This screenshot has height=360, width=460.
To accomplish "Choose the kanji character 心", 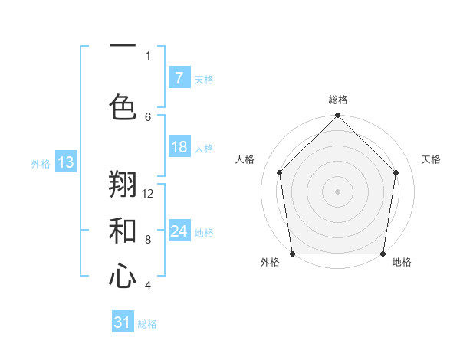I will (123, 277).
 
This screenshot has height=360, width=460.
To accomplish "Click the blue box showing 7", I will (179, 78).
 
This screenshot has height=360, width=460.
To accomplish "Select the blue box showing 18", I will (179, 147).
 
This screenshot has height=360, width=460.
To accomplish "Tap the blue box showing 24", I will (179, 231).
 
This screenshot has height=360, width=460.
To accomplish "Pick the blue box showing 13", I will (65, 162).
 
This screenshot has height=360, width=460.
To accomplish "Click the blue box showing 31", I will (123, 323).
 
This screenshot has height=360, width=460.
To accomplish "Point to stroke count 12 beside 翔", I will (148, 193).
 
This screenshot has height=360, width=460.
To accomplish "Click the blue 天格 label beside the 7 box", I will (204, 79).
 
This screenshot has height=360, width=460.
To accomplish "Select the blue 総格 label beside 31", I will (147, 324).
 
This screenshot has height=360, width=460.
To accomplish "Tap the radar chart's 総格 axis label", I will (338, 100).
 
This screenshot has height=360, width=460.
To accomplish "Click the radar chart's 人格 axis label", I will (245, 159).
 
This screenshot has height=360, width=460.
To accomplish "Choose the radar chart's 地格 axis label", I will (402, 262).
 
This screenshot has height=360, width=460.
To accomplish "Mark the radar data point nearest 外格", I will (292, 254).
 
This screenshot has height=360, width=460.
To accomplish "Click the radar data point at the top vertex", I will (338, 116).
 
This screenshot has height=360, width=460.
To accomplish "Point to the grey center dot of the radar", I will (338, 191).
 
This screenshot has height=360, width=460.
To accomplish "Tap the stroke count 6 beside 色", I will (148, 116).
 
